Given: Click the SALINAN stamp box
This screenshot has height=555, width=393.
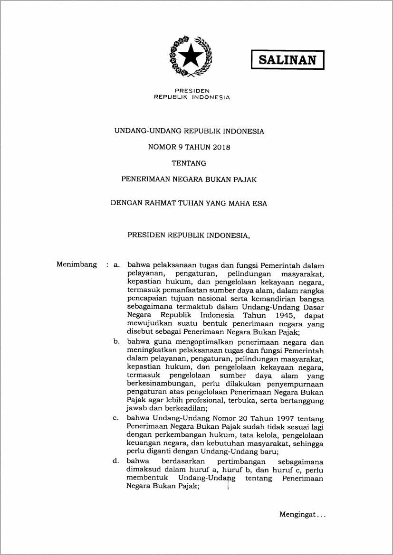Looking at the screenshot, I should (x=288, y=60).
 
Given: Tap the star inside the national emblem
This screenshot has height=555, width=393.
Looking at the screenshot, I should (x=191, y=56).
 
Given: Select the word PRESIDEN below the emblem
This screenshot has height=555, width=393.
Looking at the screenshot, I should (x=192, y=91).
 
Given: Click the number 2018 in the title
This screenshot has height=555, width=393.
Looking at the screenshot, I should (x=221, y=147).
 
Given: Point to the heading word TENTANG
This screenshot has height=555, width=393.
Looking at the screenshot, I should (x=189, y=163).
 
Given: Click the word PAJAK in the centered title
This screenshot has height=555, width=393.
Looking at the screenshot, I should (x=245, y=180).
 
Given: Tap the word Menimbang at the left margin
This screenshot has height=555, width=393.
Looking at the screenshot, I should (x=77, y=264).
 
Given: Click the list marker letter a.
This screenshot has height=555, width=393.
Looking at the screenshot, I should (x=116, y=264).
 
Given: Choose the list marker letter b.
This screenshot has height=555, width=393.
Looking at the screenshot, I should (x=116, y=342).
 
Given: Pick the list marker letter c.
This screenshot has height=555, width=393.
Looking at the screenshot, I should (x=115, y=418).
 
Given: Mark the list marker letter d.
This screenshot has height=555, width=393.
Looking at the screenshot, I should (x=115, y=461).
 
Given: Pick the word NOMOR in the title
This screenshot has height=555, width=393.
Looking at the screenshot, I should (x=162, y=147).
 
